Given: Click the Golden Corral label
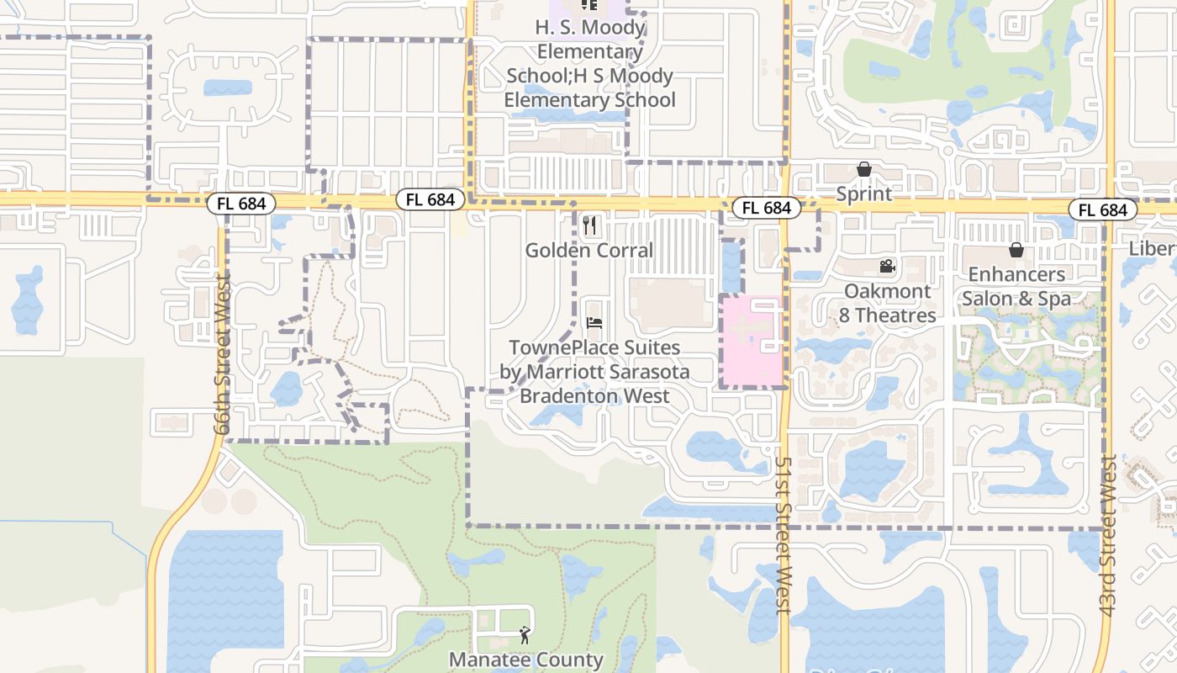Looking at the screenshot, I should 588,251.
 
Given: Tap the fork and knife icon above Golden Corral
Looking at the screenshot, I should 589,225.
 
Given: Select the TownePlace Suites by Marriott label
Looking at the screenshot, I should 594,372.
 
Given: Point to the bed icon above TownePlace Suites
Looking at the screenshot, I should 594,323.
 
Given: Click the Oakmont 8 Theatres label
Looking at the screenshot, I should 888,304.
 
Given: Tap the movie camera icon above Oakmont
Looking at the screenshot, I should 887,267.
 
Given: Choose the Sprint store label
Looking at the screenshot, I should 863,194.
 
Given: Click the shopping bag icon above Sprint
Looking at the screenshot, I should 863,170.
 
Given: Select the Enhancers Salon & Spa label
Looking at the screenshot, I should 1016,287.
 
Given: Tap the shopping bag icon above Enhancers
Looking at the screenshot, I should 1016,250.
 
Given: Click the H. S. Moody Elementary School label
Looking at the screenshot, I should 590,64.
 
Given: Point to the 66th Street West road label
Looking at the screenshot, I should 222,354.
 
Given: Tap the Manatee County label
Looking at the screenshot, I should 526,660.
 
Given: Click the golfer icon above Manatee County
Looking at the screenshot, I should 525,635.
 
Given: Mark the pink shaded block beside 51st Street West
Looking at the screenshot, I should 751,341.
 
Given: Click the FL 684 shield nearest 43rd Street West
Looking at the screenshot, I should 1103,210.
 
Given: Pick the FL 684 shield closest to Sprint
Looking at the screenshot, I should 765,208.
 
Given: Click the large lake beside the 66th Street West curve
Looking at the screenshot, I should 225,597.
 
